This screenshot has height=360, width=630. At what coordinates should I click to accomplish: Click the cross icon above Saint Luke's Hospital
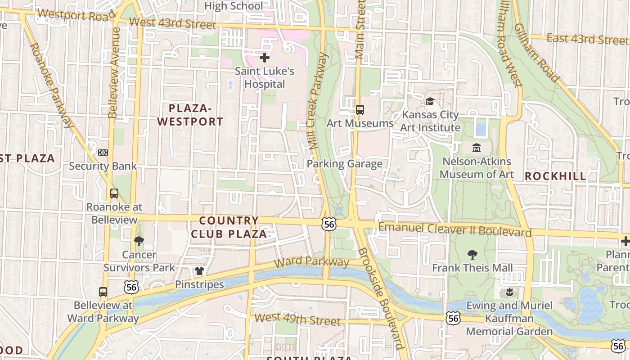tap(265, 58)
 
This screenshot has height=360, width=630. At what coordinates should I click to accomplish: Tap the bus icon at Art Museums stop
tap(360, 109)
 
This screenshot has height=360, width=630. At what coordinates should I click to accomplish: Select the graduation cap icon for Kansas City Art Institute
tap(430, 101)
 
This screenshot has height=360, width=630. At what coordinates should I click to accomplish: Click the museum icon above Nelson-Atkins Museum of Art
tap(477, 148)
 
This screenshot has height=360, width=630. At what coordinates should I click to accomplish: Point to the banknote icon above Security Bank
tap(103, 153)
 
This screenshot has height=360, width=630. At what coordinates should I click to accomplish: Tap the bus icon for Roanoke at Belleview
tap(114, 193)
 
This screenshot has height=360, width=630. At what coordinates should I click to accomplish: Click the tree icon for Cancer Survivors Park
tap(139, 241)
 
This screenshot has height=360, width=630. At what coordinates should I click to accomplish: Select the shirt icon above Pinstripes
tap(199, 271)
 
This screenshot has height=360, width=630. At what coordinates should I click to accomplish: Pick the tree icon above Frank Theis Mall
tap(472, 255)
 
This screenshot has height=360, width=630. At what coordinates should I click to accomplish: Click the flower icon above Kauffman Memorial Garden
tap(509, 292)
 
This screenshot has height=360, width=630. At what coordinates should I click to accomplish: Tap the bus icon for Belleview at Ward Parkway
tap(103, 292)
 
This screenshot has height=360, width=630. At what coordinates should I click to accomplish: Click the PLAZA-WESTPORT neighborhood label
tap(190, 115)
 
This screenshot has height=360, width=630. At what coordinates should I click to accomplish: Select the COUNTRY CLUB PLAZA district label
tap(229, 227)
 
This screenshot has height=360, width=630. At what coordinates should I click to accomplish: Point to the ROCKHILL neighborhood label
tap(555, 176)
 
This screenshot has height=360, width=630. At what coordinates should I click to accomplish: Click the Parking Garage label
tap(344, 164)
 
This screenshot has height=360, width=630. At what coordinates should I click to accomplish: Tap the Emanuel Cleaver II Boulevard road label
tap(454, 229)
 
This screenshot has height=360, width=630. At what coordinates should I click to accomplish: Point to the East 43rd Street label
tap(587, 39)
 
